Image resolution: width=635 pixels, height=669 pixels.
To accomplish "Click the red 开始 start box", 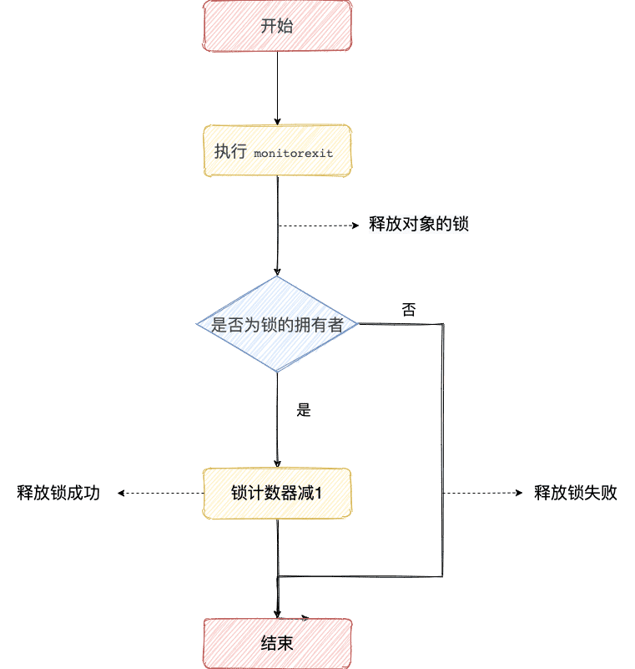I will [277, 25].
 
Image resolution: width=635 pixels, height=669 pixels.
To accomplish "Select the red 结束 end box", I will [277, 644].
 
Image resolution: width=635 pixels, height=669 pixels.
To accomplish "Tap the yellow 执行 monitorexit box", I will [277, 151].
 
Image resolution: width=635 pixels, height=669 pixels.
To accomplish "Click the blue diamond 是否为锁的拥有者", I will [277, 324].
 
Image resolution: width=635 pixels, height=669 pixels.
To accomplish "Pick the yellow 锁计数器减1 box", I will [277, 494].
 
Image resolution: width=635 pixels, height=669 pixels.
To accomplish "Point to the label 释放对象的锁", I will [419, 225].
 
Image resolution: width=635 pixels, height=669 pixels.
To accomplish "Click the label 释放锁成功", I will [58, 494].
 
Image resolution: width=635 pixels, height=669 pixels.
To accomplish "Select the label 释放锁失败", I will [576, 494].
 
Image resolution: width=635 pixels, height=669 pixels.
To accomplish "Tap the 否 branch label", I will [409, 310].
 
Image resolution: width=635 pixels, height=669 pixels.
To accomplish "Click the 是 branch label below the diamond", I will [304, 410].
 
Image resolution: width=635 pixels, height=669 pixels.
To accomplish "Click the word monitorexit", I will [293, 154].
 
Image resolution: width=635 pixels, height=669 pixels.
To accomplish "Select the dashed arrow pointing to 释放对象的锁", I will [321, 225].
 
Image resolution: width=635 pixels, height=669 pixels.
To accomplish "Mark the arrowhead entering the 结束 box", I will [277, 615].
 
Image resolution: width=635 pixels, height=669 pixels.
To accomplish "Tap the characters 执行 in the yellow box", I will [228, 152].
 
